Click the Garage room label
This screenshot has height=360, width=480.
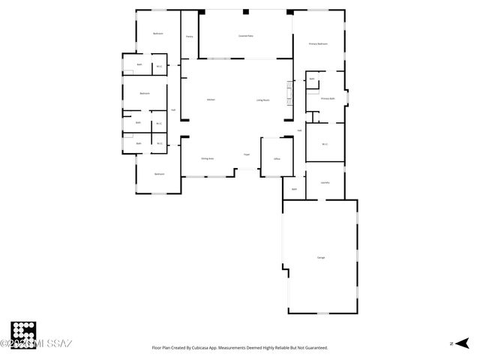click(x=321, y=257)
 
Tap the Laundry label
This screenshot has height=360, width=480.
click(x=325, y=182)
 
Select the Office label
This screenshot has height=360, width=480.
click(x=277, y=159)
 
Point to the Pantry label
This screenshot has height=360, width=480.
click(x=190, y=35)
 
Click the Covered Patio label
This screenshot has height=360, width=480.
click(x=245, y=35)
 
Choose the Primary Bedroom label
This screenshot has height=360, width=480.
click(x=319, y=44)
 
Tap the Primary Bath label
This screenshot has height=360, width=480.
click(x=328, y=98)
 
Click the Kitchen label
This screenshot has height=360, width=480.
click(x=211, y=100)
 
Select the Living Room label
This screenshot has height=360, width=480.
click(x=263, y=100)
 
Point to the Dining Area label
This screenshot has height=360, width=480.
click(x=208, y=159)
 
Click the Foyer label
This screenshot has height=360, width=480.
click(x=246, y=154)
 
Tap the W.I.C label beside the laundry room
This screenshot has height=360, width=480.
click(x=325, y=144)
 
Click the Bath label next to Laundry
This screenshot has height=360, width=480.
click(x=295, y=189)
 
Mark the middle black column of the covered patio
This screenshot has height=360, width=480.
click(x=245, y=11)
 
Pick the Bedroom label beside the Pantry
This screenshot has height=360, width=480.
click(x=158, y=34)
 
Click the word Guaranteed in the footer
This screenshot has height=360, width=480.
click(x=313, y=348)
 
